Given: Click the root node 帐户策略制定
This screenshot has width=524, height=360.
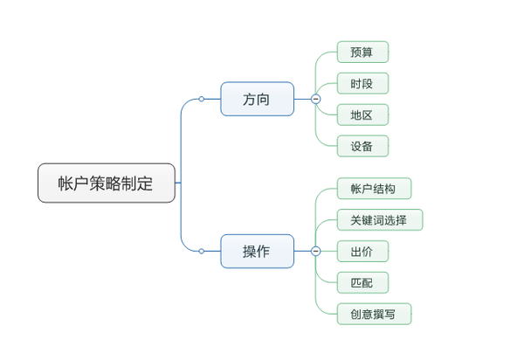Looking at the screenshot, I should (107, 183).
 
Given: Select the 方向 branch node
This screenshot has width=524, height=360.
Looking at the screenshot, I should (257, 100).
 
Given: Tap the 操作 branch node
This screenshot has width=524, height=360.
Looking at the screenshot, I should (257, 251).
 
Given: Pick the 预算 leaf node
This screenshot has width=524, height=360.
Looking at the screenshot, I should (362, 52).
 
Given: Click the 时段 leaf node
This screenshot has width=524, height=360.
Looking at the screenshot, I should (362, 84).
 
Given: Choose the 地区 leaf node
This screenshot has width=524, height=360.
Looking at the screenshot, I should (362, 115).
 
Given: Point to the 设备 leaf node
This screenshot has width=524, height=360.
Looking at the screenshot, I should (362, 147).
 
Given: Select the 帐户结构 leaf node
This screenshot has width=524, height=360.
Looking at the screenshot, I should (374, 189).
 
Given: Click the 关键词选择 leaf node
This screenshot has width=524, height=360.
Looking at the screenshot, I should (379, 220).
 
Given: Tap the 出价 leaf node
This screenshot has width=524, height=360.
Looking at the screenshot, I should (362, 252).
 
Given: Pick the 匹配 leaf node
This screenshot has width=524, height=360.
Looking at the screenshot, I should (362, 283).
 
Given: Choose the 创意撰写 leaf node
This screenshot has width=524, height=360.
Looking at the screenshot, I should (374, 314).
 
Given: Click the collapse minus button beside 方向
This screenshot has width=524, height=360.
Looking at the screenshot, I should (315, 100).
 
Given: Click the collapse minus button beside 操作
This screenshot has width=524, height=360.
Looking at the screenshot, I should (315, 251).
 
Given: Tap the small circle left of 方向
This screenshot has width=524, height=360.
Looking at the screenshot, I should (202, 100).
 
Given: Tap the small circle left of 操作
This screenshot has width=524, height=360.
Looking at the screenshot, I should (202, 251).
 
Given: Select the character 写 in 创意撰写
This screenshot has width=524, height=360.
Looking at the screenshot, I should (390, 314).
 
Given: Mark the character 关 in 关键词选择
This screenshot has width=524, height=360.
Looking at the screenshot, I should (356, 220).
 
